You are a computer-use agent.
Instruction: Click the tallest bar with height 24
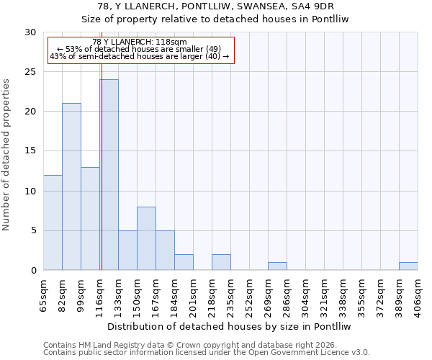[x=109, y=175]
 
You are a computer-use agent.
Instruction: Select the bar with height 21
[x=71, y=186]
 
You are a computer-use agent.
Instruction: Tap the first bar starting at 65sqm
[x=53, y=222]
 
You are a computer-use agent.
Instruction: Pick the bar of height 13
[x=90, y=218]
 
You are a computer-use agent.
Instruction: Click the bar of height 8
[x=146, y=238]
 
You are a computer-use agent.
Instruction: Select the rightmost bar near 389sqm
[x=408, y=266]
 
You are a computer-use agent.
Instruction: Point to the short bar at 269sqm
[x=277, y=266]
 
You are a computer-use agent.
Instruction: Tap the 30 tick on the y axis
[x=30, y=32]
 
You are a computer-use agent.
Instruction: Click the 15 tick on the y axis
[x=30, y=151]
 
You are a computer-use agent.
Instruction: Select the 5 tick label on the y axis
[x=33, y=230]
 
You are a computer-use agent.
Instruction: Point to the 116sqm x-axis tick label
[x=100, y=294]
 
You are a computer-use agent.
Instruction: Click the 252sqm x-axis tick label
[x=250, y=294]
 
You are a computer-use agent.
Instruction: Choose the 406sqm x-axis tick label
[x=418, y=294]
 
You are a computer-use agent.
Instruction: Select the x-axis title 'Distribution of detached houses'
[x=230, y=326]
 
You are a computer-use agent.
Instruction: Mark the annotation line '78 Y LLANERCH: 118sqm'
[x=140, y=42]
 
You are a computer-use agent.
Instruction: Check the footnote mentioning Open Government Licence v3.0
[x=207, y=352]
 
